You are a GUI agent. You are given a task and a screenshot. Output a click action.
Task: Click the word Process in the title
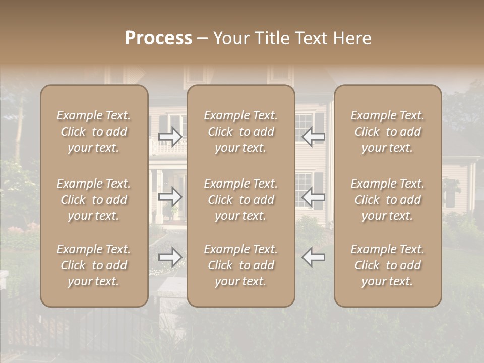(158, 38)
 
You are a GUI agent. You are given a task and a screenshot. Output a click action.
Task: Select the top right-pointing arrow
(170, 136)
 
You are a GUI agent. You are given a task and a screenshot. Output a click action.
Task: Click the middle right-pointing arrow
(170, 197)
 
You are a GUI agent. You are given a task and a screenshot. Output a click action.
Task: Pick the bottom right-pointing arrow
(170, 257)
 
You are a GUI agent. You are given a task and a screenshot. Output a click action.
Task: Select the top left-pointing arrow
(313, 136)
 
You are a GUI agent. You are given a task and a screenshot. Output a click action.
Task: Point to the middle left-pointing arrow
(313, 197)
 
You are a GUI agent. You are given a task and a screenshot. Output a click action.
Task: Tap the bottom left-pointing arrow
(313, 257)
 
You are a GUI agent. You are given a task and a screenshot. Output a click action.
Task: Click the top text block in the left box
(94, 132)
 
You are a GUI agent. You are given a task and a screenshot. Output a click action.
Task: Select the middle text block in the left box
(94, 200)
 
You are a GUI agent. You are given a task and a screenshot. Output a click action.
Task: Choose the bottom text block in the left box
(94, 265)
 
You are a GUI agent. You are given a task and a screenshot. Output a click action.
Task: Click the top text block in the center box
(240, 132)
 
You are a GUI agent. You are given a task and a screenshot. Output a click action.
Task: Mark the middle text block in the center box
(240, 200)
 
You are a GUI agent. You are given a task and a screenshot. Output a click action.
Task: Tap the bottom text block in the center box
(240, 265)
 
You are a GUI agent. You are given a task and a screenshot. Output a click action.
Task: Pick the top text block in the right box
(387, 132)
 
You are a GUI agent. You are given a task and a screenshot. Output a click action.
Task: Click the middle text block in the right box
(387, 200)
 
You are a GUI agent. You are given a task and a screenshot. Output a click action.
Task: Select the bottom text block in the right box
(387, 265)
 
